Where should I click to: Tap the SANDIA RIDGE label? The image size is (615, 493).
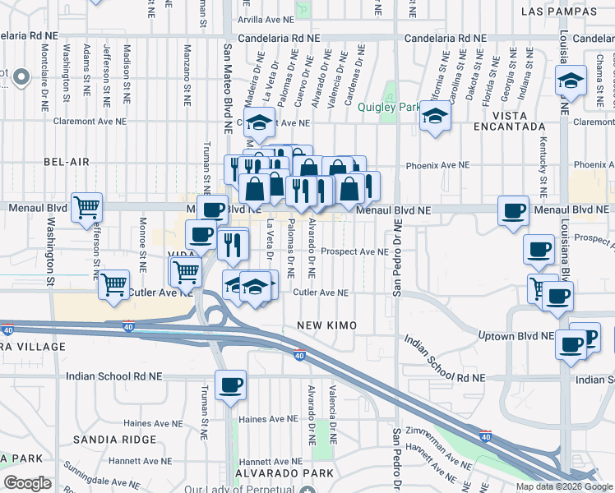pyautogui.click(x=114, y=440)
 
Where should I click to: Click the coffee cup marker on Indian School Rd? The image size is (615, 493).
pyautogui.click(x=229, y=385)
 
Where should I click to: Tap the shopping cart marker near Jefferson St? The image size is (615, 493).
pyautogui.click(x=86, y=207)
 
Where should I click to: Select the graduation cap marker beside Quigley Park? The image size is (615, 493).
pyautogui.click(x=436, y=116)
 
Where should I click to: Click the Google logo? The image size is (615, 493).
pyautogui.click(x=28, y=483)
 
